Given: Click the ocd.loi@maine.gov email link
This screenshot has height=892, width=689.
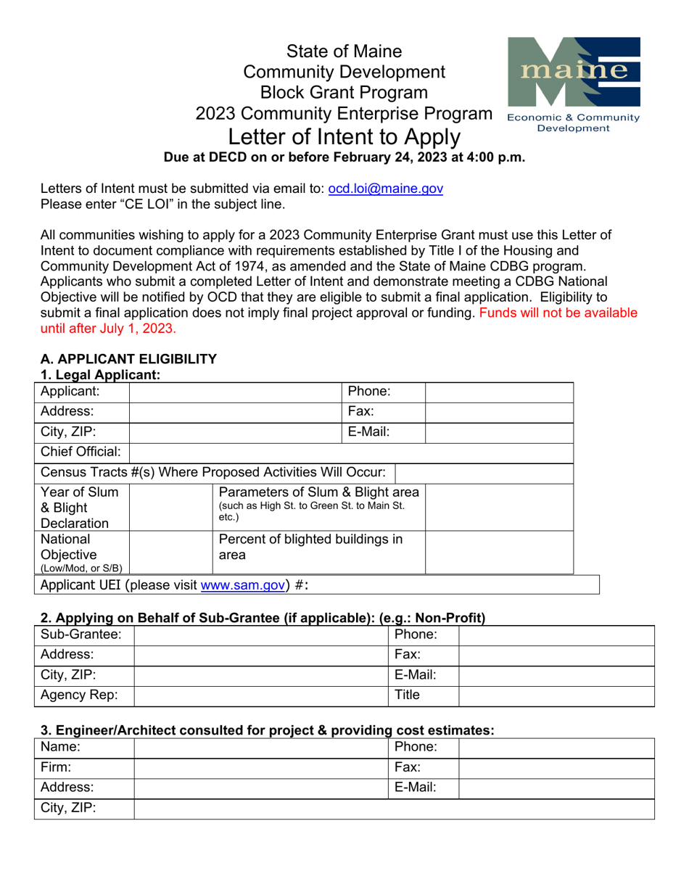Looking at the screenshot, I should (x=385, y=188).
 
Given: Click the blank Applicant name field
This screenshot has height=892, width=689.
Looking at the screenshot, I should (x=235, y=392).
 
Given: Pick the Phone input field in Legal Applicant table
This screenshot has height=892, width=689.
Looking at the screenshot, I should (x=498, y=392).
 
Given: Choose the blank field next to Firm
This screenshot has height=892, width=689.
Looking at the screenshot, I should (x=262, y=767).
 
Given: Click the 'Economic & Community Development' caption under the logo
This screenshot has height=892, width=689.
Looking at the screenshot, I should (x=574, y=123).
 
